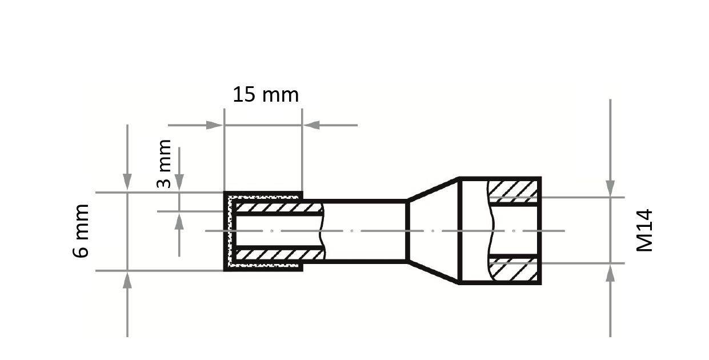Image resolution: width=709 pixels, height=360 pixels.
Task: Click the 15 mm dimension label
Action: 265,95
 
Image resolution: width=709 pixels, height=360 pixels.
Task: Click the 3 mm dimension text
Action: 164,163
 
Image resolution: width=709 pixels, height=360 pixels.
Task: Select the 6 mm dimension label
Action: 82,230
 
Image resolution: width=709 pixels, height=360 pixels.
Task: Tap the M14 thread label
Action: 644,230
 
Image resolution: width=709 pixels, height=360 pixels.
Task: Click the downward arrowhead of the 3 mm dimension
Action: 179,183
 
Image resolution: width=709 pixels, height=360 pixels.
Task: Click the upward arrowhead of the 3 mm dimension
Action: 179,221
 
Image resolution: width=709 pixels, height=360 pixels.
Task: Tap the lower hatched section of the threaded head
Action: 513,270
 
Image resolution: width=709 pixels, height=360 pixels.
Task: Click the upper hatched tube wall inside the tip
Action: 277,207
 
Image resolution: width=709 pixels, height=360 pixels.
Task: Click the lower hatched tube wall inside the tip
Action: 277,254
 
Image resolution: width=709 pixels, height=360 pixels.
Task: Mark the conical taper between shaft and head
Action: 433,231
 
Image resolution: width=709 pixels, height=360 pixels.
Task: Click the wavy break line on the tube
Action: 323,230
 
